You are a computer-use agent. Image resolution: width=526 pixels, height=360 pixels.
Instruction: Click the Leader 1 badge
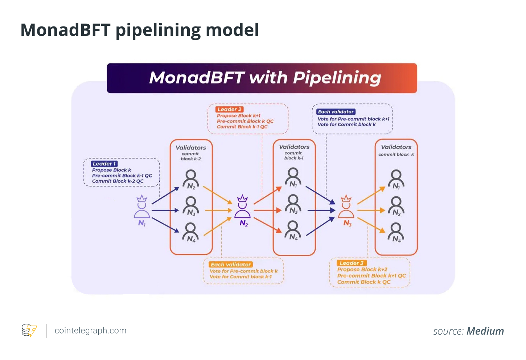[x=104, y=164]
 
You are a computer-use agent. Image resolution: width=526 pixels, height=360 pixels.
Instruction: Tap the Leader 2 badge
[x=229, y=109]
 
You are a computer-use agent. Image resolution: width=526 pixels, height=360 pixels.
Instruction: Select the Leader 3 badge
[x=352, y=263]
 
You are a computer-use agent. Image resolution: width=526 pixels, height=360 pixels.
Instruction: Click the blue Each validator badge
[x=336, y=112]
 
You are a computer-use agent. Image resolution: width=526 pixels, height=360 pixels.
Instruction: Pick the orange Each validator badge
[x=231, y=265]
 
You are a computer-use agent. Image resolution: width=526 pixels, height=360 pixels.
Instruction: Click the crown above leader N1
[x=142, y=199]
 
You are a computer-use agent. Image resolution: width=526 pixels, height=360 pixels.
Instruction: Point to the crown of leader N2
[x=242, y=199]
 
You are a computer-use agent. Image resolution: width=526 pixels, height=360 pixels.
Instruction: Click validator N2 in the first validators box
[x=191, y=180]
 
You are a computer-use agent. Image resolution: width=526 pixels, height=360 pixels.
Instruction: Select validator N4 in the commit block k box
[x=396, y=232]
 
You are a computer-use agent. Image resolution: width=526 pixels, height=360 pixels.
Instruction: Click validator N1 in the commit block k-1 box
[x=293, y=177]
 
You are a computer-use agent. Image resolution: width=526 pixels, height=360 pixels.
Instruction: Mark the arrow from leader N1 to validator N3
[x=165, y=210]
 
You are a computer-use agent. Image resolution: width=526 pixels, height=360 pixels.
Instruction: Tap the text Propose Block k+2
[x=362, y=269]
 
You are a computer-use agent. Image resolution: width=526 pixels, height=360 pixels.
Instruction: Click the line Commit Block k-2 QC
[x=118, y=181]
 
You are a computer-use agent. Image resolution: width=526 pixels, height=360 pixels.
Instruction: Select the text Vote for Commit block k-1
[x=241, y=277]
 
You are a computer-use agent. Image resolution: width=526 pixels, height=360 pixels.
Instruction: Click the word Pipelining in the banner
[x=337, y=78]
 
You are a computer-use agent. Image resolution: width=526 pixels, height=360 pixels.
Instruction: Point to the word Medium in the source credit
[x=485, y=331]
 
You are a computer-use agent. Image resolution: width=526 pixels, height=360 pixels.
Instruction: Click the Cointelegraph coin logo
[x=29, y=330]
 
